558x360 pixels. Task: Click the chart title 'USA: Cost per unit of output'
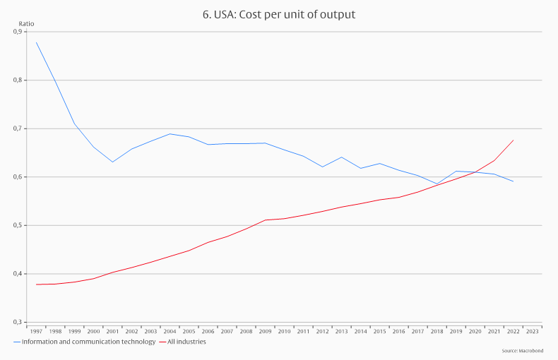tap(278, 14)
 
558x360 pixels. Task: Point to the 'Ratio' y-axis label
tap(26, 24)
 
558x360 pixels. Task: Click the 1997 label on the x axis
tap(36, 330)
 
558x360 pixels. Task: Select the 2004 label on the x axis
tap(170, 330)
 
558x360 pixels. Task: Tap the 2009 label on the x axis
tap(265, 330)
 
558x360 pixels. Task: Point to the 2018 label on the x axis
tap(437, 330)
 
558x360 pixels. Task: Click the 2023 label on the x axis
tap(532, 330)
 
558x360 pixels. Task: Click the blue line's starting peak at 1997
tap(36, 42)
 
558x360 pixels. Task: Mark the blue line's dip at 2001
tap(112, 162)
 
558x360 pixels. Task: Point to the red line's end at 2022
tap(513, 140)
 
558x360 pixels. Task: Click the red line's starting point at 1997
tap(36, 284)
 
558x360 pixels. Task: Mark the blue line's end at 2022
tap(513, 181)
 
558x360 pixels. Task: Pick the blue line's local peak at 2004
tap(170, 133)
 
